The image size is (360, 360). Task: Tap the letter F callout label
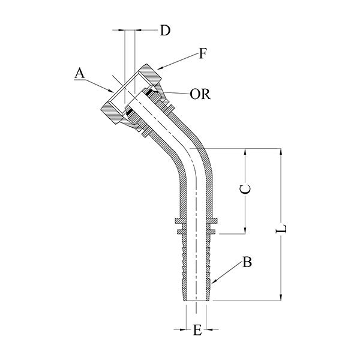203,55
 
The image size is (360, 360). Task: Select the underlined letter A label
79,73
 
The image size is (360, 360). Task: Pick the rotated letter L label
286,229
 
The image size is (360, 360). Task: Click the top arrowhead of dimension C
247,150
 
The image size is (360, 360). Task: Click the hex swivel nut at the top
133,97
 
